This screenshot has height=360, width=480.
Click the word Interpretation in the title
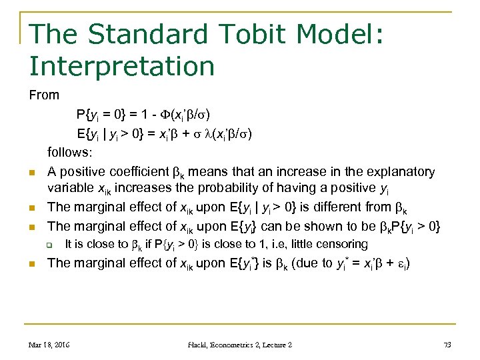click(x=122, y=67)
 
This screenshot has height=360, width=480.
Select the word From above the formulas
click(x=44, y=95)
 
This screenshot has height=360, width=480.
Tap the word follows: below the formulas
click(x=71, y=153)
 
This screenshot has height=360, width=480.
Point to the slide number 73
click(x=446, y=345)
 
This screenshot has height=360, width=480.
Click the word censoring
click(x=340, y=244)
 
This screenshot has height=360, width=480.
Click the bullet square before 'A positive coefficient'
click(x=32, y=175)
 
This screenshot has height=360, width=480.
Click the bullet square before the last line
click(x=32, y=265)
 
